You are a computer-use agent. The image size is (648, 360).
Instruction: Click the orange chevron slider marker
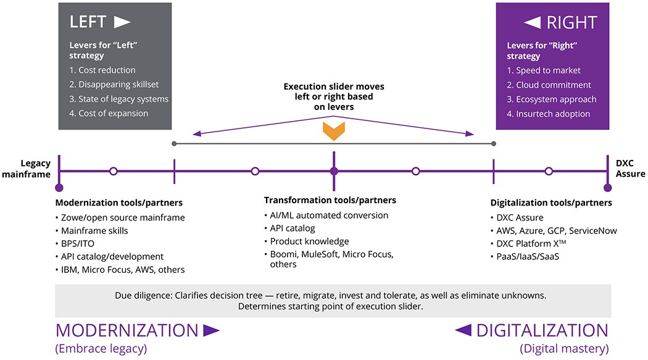[333, 130]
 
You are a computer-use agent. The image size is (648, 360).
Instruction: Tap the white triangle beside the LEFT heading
[122, 23]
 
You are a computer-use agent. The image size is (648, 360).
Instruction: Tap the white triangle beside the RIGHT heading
[532, 23]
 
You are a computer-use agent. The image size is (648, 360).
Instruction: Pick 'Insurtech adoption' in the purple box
[548, 114]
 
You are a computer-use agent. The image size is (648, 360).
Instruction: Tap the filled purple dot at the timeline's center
[334, 171]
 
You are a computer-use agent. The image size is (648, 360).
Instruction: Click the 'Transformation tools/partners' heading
[330, 201]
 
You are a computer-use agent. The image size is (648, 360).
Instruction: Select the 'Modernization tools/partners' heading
[119, 203]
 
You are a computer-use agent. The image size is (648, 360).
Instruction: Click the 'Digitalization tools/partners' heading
[551, 203]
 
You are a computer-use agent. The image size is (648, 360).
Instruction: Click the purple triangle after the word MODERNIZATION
[211, 330]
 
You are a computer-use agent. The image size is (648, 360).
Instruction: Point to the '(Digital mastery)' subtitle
[564, 349]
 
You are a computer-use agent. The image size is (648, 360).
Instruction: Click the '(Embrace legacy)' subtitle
[101, 349]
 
